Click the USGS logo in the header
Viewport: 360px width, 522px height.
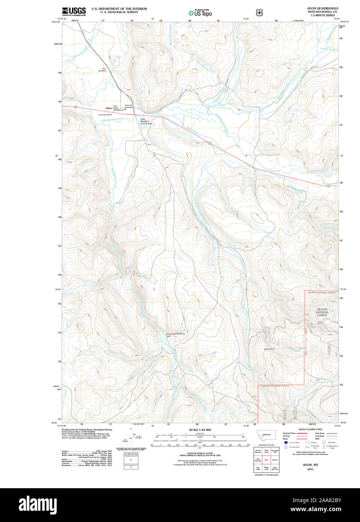coord(74,11)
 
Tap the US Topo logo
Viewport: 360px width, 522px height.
coord(200,13)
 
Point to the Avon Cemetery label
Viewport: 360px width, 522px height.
coord(102,69)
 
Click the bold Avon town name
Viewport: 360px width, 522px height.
coord(108,108)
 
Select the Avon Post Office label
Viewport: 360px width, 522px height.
coord(105,115)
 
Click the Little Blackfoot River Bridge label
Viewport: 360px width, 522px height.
coord(146,121)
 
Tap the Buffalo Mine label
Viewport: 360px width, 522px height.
coord(269,349)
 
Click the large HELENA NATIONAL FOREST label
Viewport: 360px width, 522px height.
coord(322,312)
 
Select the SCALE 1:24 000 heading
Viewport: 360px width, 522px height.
coord(200,430)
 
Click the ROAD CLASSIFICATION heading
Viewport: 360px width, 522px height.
coord(310,429)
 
